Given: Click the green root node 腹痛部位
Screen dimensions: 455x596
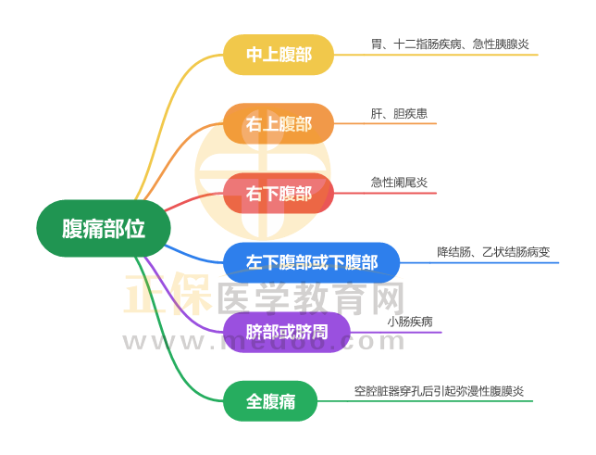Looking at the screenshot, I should click(103, 227).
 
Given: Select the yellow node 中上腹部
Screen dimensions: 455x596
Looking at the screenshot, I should click(278, 56).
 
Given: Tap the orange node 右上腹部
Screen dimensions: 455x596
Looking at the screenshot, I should click(278, 124).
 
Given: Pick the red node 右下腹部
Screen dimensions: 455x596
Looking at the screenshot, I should click(278, 194).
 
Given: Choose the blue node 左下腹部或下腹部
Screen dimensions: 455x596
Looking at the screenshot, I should click(312, 262).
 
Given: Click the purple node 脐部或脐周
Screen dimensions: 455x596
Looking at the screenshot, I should click(287, 332).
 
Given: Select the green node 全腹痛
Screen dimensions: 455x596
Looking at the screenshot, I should click(270, 401).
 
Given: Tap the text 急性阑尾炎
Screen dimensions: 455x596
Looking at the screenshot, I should click(399, 183).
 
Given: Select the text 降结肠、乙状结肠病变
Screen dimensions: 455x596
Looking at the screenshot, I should click(493, 252).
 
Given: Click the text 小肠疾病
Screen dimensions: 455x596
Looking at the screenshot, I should click(410, 322).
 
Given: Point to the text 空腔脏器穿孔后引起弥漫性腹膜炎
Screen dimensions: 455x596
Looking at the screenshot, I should click(439, 391).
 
